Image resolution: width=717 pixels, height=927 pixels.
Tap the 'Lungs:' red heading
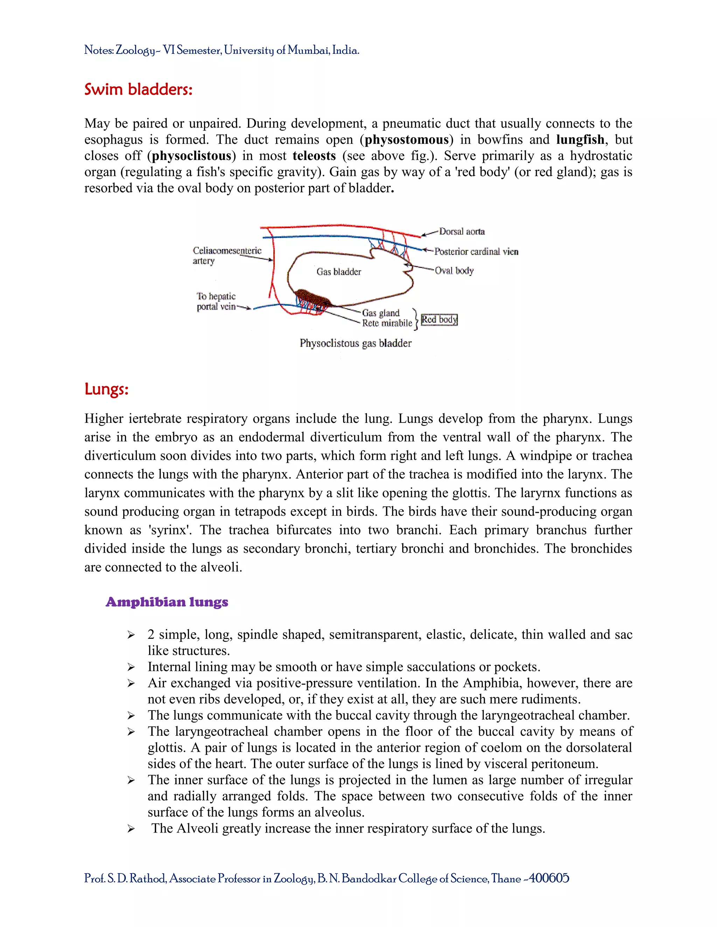(106, 389)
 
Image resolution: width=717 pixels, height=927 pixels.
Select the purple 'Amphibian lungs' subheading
(167, 602)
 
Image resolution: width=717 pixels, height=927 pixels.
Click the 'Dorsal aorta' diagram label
(462, 231)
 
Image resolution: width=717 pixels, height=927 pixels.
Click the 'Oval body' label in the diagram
(454, 270)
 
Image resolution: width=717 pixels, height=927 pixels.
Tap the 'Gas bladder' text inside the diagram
(339, 272)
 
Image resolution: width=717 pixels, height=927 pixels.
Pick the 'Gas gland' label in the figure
(381, 313)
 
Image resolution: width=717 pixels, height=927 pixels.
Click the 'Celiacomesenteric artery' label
(227, 255)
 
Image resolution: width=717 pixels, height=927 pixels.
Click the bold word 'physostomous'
(406, 140)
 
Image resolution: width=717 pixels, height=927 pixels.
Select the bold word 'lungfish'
(580, 140)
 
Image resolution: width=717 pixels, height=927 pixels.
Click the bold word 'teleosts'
(314, 156)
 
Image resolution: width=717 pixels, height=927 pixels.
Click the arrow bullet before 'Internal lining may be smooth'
(131, 667)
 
